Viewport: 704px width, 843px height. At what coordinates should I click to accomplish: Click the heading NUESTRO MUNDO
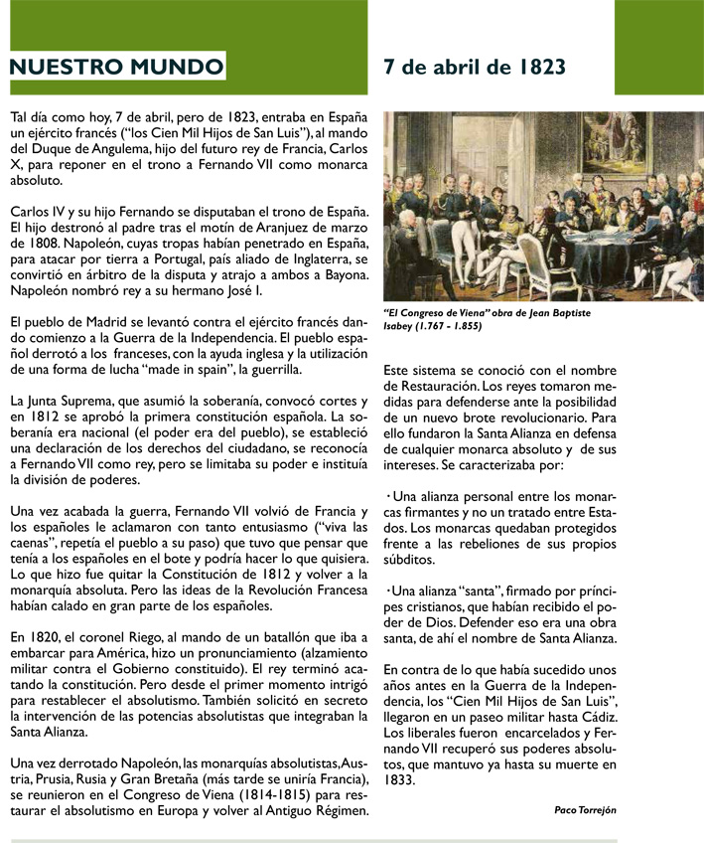(x=115, y=68)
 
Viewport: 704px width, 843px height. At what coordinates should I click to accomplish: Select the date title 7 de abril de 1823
(x=475, y=67)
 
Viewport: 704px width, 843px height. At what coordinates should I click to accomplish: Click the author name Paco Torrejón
(x=585, y=809)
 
